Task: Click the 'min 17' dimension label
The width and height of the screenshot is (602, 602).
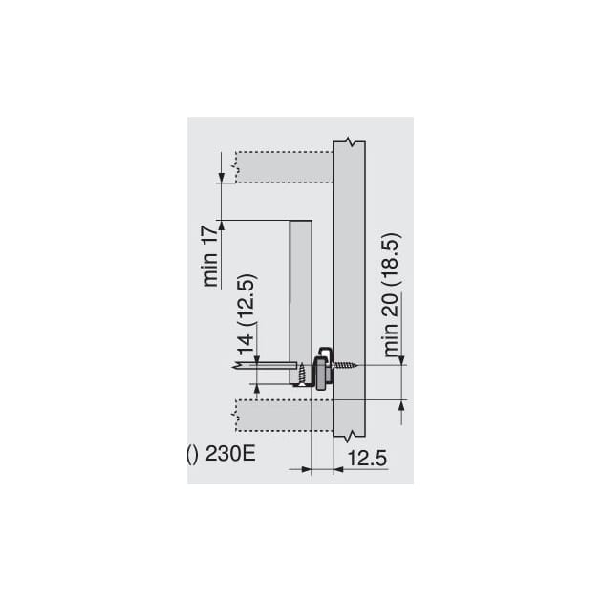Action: tap(211, 256)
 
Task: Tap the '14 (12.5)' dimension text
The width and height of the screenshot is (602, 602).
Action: tap(246, 314)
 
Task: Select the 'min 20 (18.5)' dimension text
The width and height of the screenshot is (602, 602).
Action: tap(393, 295)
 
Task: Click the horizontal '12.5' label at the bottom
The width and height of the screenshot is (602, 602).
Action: tap(367, 459)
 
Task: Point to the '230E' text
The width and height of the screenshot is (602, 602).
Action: tap(230, 455)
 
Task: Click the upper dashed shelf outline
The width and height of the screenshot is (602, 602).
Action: tap(284, 167)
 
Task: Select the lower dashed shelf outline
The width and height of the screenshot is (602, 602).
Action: tap(284, 416)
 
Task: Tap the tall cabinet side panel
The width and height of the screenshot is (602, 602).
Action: tap(349, 289)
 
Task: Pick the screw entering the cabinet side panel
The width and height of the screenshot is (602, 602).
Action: tap(347, 365)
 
